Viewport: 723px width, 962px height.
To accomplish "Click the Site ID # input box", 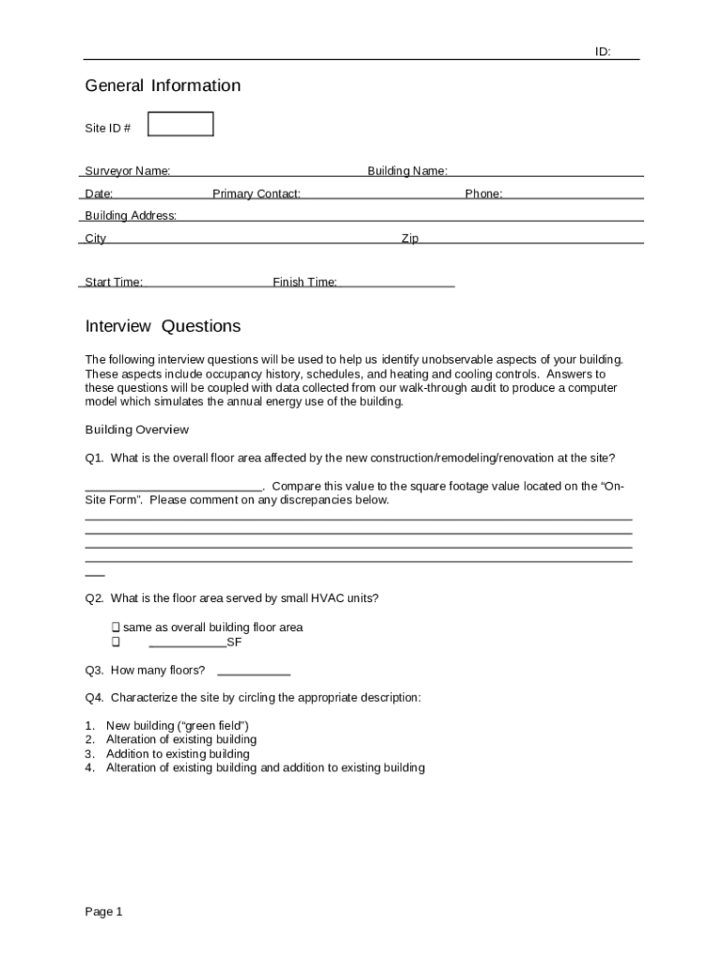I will coord(181,124).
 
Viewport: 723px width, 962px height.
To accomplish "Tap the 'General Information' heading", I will coord(162,85).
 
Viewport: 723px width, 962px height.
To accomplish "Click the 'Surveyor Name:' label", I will coord(128,171).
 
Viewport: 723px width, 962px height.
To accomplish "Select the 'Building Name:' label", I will coord(407,171).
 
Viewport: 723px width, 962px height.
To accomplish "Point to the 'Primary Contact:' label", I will coord(256,194).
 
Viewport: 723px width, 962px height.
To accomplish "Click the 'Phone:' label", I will coord(484,194).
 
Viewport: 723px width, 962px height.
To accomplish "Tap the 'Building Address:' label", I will coord(131,216).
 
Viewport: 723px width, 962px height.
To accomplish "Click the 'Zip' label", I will coord(410,239).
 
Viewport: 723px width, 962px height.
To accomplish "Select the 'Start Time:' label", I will coord(114,282).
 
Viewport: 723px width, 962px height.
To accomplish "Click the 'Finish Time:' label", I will coord(304,282).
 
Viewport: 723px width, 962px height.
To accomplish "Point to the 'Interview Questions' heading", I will coord(162,326).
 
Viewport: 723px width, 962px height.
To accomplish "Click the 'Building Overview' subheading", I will coord(137,430).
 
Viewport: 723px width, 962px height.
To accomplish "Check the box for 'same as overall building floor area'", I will coord(115,627).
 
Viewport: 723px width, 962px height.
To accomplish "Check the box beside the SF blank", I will coord(115,643).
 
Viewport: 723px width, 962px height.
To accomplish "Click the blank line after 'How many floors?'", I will coord(254,671).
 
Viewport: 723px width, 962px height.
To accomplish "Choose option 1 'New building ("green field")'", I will coord(177,726).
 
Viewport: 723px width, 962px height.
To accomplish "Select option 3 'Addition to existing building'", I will coord(177,753).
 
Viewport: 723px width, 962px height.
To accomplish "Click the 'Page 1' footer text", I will coord(104,912).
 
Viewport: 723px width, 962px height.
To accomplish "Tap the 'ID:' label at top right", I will coord(603,53).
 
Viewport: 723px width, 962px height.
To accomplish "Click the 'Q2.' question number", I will coord(95,598).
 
